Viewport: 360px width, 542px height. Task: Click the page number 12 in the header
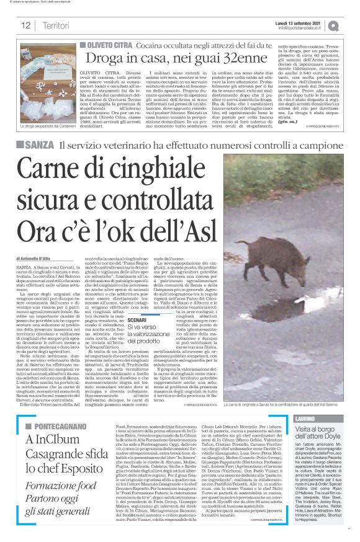coord(26,25)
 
